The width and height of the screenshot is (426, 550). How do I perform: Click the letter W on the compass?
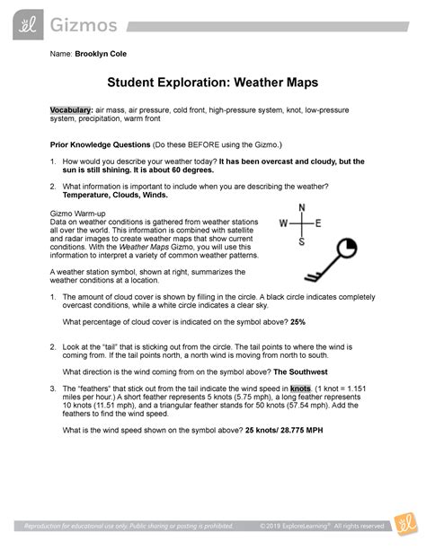(283, 223)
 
